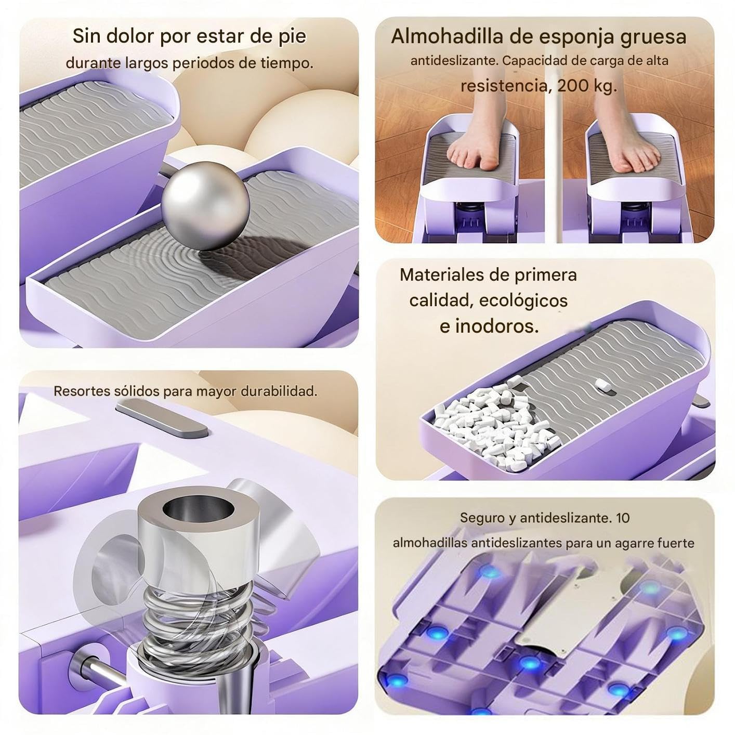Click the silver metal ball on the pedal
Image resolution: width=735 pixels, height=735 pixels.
[205, 206]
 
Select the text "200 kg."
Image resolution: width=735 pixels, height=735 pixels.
[587, 86]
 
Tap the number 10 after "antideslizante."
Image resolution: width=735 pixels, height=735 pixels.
[623, 518]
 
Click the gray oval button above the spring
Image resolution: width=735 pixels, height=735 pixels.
[162, 420]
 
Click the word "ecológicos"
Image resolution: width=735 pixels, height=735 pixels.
[523, 300]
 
